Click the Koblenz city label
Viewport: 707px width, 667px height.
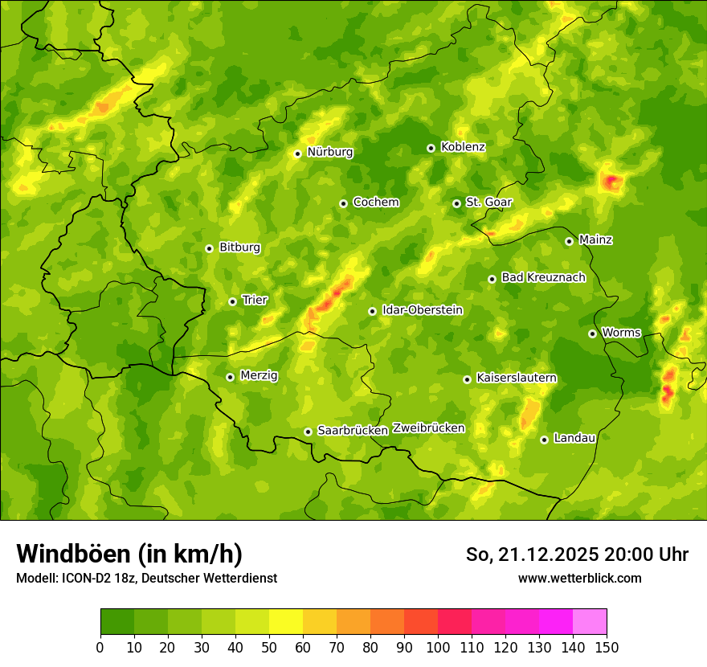[x=463, y=147]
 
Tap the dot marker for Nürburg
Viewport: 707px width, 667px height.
[x=297, y=153]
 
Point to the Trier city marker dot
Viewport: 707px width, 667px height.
[x=232, y=301]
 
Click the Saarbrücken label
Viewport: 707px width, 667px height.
[x=353, y=431]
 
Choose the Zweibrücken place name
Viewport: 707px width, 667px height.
[x=428, y=428]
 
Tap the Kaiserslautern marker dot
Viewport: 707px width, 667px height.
[x=467, y=379]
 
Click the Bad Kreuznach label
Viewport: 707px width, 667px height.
[x=543, y=277]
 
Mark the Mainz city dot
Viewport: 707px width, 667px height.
[x=569, y=241]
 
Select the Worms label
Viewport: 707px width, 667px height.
[x=621, y=333]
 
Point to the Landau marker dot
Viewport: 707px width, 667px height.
[x=544, y=440]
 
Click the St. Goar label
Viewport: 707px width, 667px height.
[x=488, y=203]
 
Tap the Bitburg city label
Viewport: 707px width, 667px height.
[x=239, y=248]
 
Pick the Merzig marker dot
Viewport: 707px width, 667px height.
[x=230, y=377]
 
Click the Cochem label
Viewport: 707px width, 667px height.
[x=375, y=203]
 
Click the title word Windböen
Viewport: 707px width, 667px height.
[x=73, y=554]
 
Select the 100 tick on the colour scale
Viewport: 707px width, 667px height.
[x=438, y=647]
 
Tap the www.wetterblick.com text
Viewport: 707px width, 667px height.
[x=579, y=579]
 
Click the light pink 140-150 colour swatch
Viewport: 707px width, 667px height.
[x=590, y=622]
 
